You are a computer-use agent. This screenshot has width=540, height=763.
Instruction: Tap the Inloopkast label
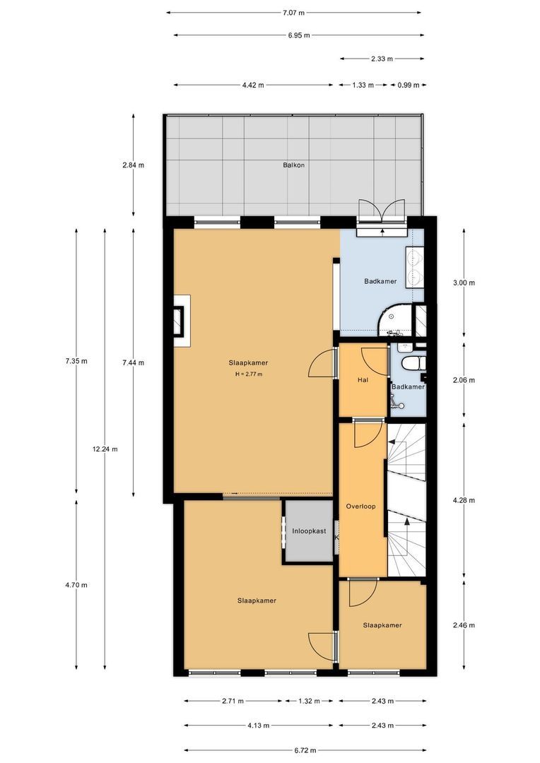(309, 531)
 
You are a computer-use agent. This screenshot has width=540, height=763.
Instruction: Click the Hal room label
(363, 380)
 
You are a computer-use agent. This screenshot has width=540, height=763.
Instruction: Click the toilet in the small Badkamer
(410, 363)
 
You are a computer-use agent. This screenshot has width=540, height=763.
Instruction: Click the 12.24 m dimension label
(105, 449)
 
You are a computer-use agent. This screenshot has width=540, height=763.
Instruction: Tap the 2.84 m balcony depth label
(133, 165)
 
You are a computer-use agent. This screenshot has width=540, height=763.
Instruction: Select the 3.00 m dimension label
(464, 283)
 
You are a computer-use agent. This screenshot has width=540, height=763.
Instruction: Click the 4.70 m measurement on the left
(76, 585)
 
